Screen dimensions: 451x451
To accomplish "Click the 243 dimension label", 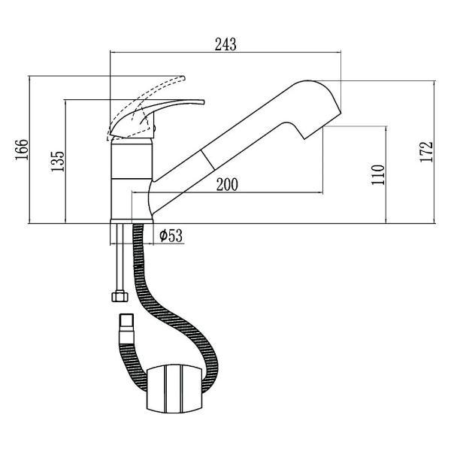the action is click(x=225, y=44).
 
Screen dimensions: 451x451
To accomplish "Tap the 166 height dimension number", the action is click(x=22, y=150).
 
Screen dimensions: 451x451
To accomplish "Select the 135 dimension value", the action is click(x=58, y=162).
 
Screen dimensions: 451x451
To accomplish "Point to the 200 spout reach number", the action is click(x=227, y=185).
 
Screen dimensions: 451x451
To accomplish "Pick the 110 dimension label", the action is click(x=378, y=174).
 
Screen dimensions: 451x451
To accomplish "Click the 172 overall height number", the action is click(x=426, y=152).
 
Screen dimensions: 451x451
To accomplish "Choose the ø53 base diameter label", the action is click(x=171, y=236).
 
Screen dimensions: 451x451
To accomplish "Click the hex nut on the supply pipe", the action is click(x=120, y=297).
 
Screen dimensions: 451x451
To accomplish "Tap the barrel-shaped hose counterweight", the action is click(x=175, y=389).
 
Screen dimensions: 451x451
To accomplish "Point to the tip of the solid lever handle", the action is click(x=204, y=102).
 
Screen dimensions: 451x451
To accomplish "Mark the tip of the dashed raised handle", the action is click(x=184, y=78).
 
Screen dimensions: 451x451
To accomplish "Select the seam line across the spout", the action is click(x=207, y=159).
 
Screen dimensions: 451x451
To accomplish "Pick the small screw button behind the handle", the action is click(x=155, y=129).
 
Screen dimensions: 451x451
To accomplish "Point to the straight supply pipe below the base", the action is click(x=120, y=258).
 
